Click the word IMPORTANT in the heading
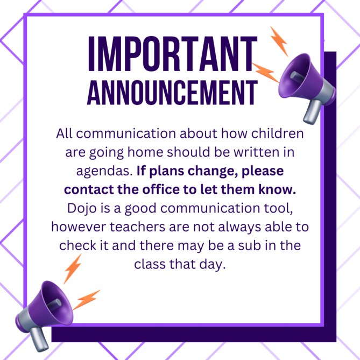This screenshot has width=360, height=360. tap(173, 54)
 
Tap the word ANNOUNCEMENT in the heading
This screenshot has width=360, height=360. tap(172, 93)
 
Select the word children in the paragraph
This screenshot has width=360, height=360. tap(277, 133)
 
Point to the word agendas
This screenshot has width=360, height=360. tap(104, 172)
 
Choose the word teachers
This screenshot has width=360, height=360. tap(137, 227)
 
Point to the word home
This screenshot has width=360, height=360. tap(145, 152)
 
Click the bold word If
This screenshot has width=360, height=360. tap(141, 171)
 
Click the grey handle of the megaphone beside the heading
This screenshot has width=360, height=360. tap(312, 112)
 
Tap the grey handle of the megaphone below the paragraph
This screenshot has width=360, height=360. tap(39, 339)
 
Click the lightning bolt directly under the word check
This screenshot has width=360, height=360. tap(72, 269)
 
